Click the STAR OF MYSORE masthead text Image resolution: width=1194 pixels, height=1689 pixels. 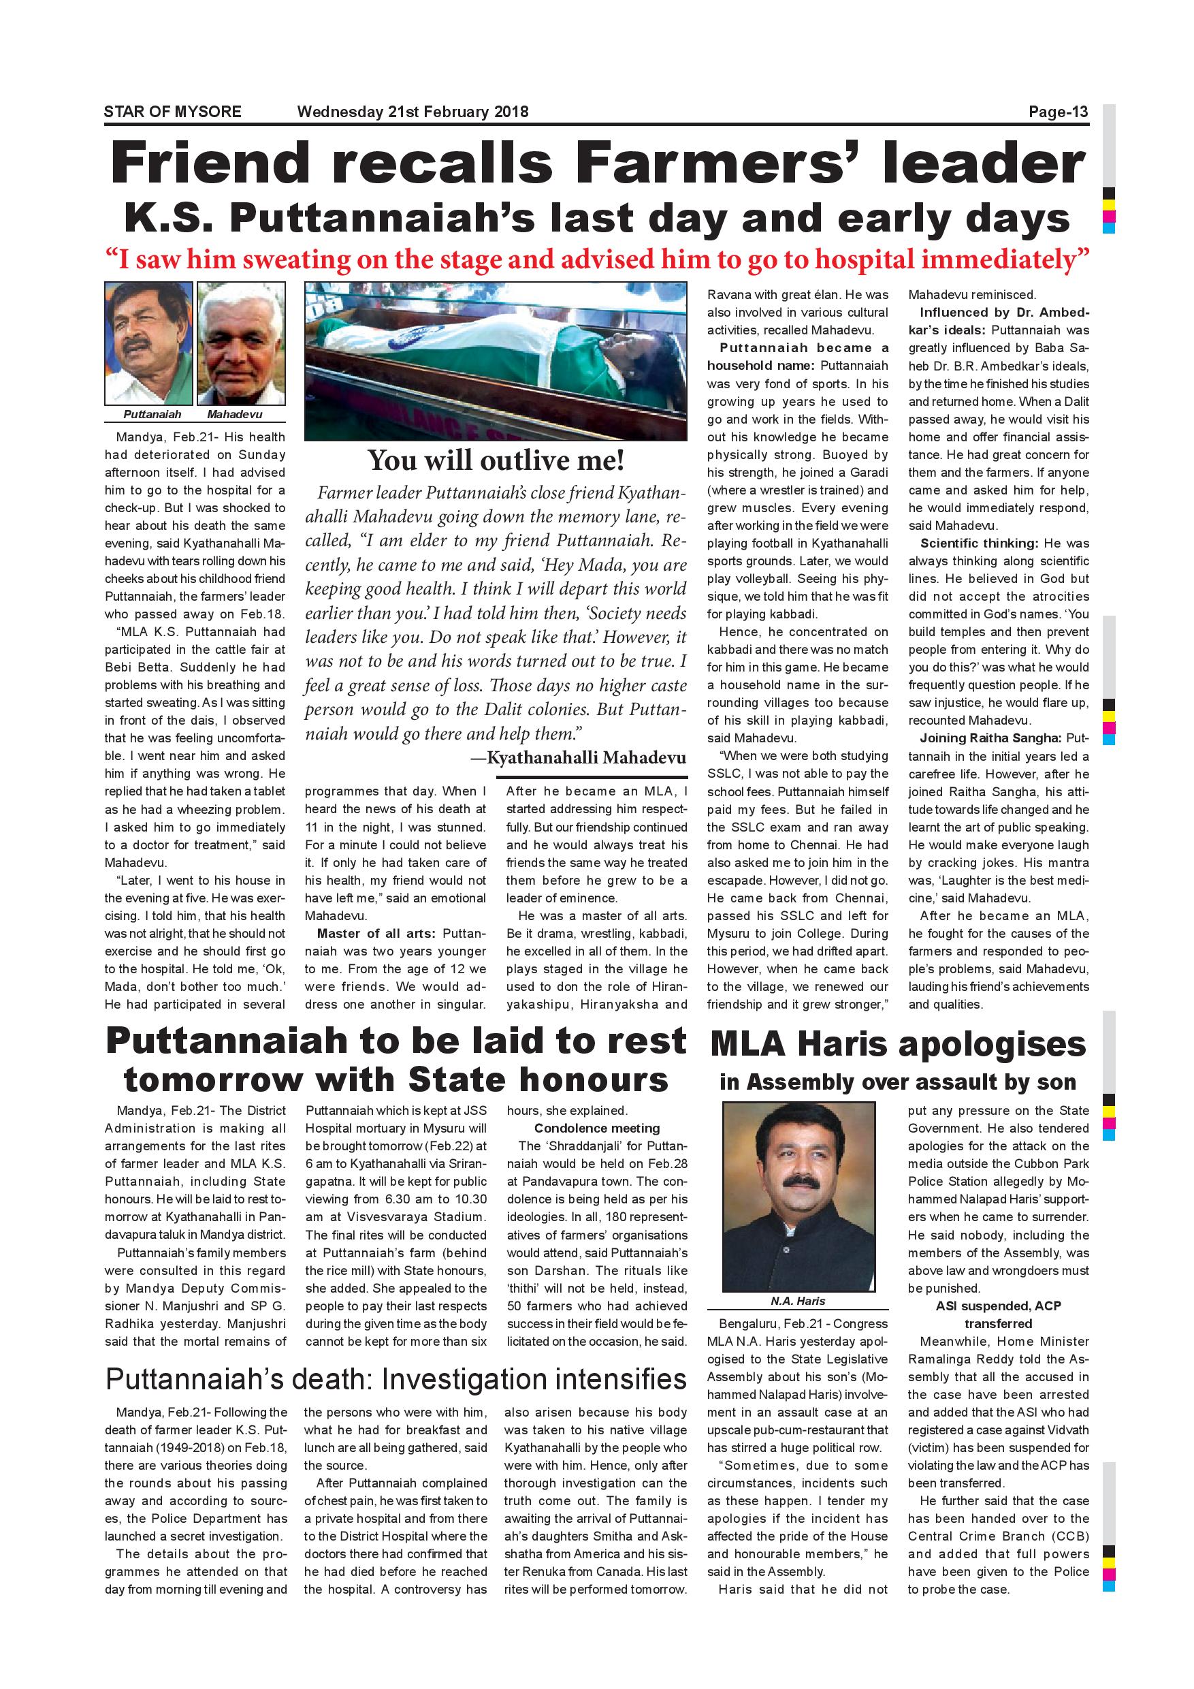173,112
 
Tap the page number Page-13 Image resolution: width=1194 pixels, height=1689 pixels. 1058,112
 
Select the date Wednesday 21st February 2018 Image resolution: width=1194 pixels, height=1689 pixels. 413,112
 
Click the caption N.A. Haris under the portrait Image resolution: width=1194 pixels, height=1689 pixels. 798,1301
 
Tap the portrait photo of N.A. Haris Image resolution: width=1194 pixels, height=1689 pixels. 798,1196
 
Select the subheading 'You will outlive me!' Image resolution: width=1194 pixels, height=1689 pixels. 496,460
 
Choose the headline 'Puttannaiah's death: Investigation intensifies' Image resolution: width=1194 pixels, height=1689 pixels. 396,1379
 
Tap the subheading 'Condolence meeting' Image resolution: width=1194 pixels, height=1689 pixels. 596,1128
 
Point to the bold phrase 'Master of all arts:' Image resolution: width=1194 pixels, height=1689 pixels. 376,934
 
